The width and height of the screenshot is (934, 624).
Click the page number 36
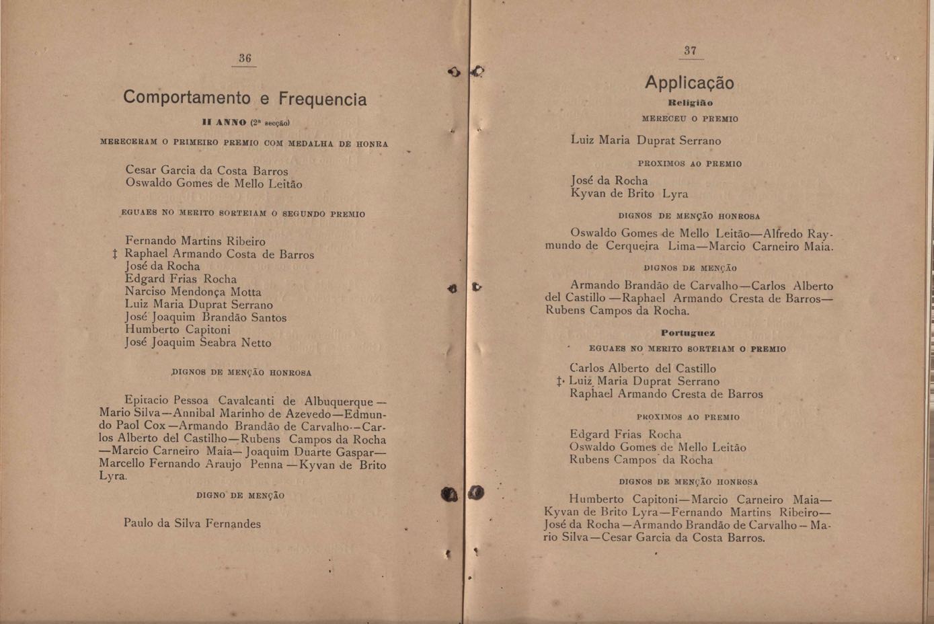245,58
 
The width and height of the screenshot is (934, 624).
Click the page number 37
690,50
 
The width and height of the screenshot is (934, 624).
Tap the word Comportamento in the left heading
187,97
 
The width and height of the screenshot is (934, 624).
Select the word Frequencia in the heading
323,100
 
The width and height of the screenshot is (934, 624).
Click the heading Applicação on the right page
689,83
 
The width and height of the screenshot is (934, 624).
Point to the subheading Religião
690,103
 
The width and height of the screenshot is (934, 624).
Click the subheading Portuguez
688,333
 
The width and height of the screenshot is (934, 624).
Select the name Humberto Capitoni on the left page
178,329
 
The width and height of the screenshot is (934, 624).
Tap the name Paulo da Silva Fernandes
192,523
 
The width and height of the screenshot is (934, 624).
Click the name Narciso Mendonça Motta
193,292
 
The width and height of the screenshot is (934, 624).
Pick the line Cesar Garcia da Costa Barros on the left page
206,171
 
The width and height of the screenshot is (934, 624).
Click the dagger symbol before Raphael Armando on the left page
115,254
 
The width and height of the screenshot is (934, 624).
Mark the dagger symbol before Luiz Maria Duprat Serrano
560,381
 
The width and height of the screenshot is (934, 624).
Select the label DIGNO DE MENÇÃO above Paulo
240,496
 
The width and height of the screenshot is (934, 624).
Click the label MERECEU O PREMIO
690,119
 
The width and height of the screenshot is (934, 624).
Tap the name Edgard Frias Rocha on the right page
625,434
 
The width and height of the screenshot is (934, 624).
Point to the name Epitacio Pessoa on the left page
167,401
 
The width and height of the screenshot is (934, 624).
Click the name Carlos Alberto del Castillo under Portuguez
643,368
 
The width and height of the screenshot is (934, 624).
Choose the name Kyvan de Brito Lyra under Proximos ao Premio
629,194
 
